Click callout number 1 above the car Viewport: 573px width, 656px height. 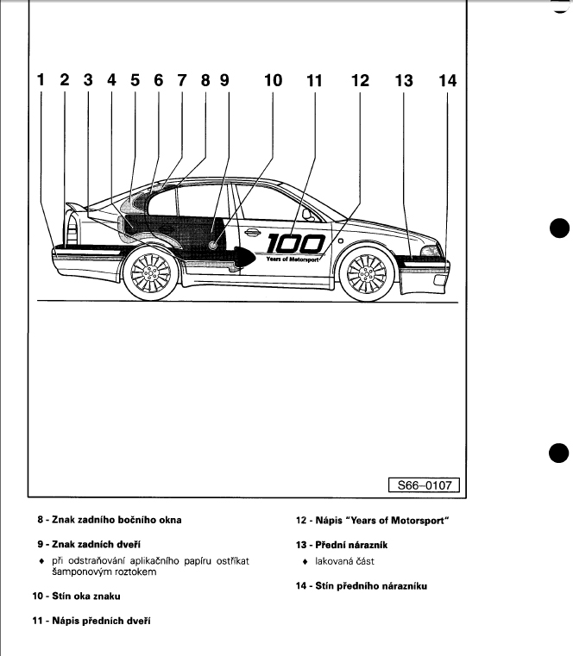(41, 81)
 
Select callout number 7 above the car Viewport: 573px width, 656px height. (181, 81)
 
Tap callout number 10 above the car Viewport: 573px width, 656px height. (273, 81)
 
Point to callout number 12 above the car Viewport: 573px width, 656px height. (360, 81)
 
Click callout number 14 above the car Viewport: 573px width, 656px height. (447, 81)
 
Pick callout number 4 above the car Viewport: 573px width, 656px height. (111, 81)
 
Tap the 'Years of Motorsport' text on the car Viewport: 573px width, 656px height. (293, 258)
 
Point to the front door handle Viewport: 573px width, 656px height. (256, 231)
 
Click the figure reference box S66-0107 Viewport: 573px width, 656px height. (424, 485)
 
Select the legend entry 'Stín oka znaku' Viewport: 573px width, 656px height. (87, 596)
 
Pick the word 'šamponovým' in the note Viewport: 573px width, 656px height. (84, 572)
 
